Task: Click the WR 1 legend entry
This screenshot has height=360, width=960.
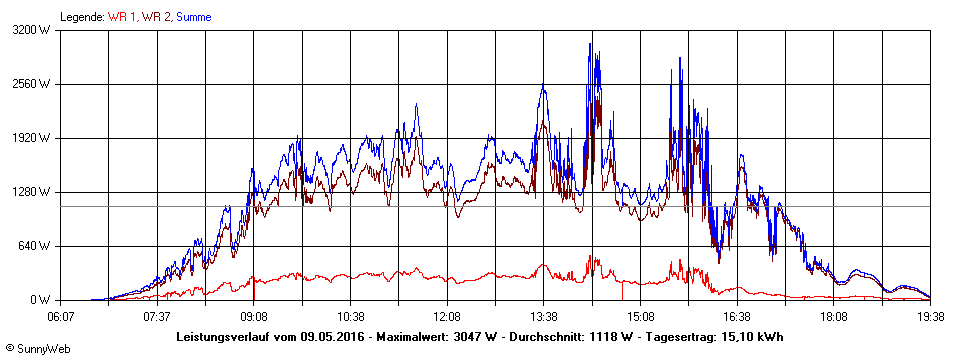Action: click(x=121, y=17)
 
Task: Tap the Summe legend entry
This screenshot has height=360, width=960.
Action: click(x=194, y=17)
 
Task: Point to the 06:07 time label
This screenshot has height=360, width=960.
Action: click(x=61, y=315)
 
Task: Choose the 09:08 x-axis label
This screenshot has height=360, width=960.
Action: click(x=254, y=315)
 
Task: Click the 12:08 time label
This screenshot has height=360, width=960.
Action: click(x=447, y=315)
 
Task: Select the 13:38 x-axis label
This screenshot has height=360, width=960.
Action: click(x=543, y=315)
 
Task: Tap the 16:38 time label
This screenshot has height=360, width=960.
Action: click(x=736, y=315)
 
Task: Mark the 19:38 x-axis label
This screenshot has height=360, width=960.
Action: click(x=930, y=315)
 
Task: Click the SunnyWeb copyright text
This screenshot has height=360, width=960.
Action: click(x=41, y=350)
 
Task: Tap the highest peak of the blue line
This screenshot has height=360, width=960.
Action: click(x=591, y=43)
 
